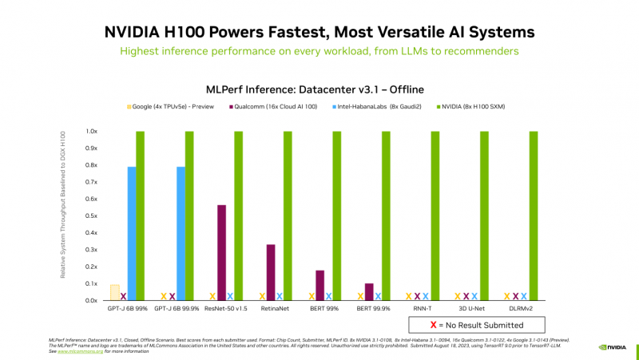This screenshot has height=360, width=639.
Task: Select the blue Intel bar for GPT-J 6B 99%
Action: tap(132, 233)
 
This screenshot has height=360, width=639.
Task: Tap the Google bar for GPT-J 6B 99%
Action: tap(114, 292)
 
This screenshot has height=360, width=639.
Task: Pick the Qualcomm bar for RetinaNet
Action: tap(271, 272)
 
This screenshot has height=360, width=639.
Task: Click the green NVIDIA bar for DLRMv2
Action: tap(533, 216)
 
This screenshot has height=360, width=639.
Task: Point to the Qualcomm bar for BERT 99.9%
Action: tap(369, 291)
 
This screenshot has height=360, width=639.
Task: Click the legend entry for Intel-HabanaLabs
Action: tap(379, 106)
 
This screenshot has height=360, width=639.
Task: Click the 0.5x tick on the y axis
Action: tap(92, 216)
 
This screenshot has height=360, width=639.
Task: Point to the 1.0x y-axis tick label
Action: tap(92, 132)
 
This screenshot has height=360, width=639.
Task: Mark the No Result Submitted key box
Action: tap(477, 325)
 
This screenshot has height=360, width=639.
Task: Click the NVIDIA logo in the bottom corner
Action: tap(613, 347)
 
